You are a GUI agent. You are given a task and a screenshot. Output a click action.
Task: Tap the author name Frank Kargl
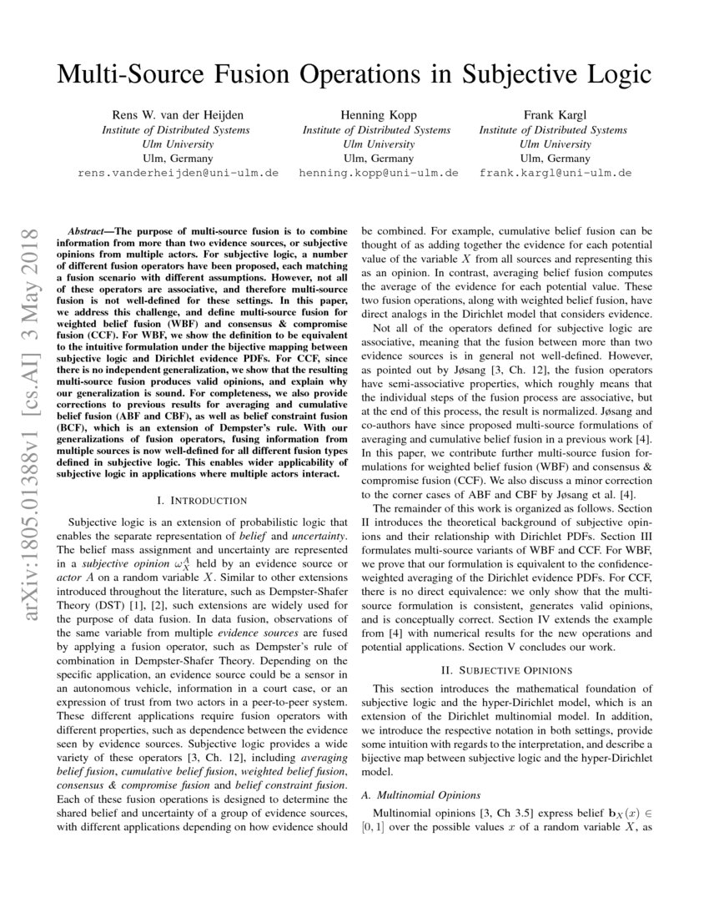point(553,115)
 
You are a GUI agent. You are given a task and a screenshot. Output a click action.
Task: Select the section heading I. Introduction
point(202,500)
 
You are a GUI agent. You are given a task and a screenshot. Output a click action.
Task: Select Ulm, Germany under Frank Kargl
point(553,158)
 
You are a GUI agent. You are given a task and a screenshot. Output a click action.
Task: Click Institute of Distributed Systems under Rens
point(175,129)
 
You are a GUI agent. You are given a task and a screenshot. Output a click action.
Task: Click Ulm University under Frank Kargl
point(553,144)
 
